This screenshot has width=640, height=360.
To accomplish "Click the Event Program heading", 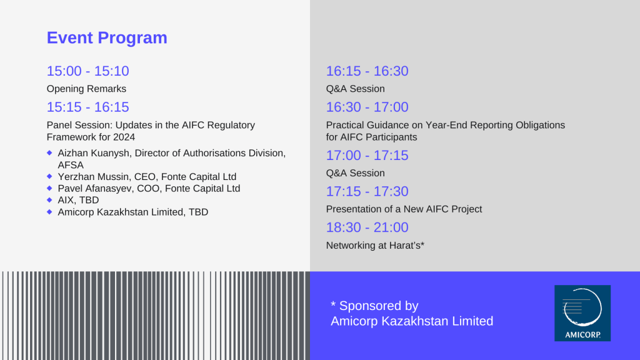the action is click(x=107, y=38).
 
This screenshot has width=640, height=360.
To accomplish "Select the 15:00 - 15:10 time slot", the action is click(x=87, y=71).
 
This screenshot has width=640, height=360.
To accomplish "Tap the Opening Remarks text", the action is click(x=86, y=89).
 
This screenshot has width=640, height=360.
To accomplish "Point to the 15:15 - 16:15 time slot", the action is click(x=87, y=107).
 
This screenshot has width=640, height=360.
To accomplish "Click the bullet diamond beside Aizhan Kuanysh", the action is click(x=49, y=152).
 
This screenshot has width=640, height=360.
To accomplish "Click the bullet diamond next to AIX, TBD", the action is click(x=49, y=200).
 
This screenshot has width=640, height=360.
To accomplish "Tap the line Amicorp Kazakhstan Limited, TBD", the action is click(x=133, y=212).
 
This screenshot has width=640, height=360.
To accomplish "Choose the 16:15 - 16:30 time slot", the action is click(x=367, y=71).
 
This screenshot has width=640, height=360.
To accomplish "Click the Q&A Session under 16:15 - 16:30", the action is click(x=355, y=89).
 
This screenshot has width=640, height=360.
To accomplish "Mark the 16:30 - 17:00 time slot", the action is click(x=367, y=107).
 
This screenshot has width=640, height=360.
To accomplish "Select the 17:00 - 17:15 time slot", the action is click(x=367, y=156).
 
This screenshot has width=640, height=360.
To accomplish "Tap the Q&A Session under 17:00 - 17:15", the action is click(x=355, y=173).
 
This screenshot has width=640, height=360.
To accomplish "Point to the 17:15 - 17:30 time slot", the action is click(x=367, y=191).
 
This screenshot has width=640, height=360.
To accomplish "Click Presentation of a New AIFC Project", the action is click(x=404, y=209).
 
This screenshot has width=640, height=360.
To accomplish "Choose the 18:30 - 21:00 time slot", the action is click(x=367, y=227).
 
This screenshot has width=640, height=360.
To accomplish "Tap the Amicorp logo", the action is click(x=582, y=313).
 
